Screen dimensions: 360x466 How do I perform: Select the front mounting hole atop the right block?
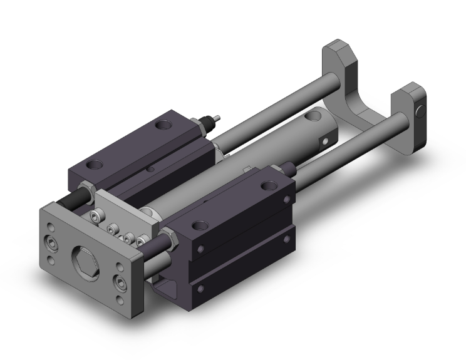tap(200, 224)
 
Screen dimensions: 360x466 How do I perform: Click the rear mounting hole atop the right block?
tap(270, 185)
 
